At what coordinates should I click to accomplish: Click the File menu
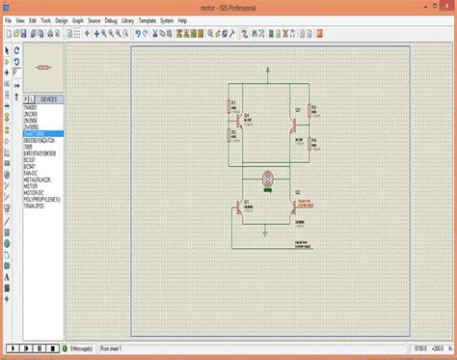(x=9, y=19)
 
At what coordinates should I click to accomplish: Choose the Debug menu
(x=95, y=19)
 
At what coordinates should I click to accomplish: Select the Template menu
(x=147, y=19)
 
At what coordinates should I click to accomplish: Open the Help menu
(x=182, y=19)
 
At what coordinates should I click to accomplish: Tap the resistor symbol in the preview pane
(x=40, y=67)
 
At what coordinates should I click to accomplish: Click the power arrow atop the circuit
(x=270, y=70)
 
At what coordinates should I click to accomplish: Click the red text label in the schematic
(x=304, y=177)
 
